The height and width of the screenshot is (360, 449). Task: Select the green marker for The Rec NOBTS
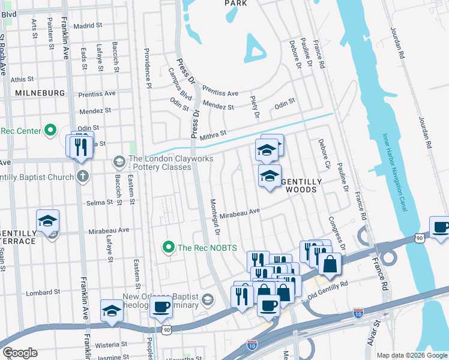[169, 247]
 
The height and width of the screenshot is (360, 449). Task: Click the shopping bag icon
[330, 263]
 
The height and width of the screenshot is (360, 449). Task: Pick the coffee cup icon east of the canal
[441, 228]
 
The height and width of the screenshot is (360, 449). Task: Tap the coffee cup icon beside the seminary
[160, 308]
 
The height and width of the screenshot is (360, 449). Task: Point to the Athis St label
[22, 79]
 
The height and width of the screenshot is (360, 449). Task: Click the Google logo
[19, 353]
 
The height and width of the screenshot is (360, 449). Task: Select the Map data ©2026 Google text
[412, 355]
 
